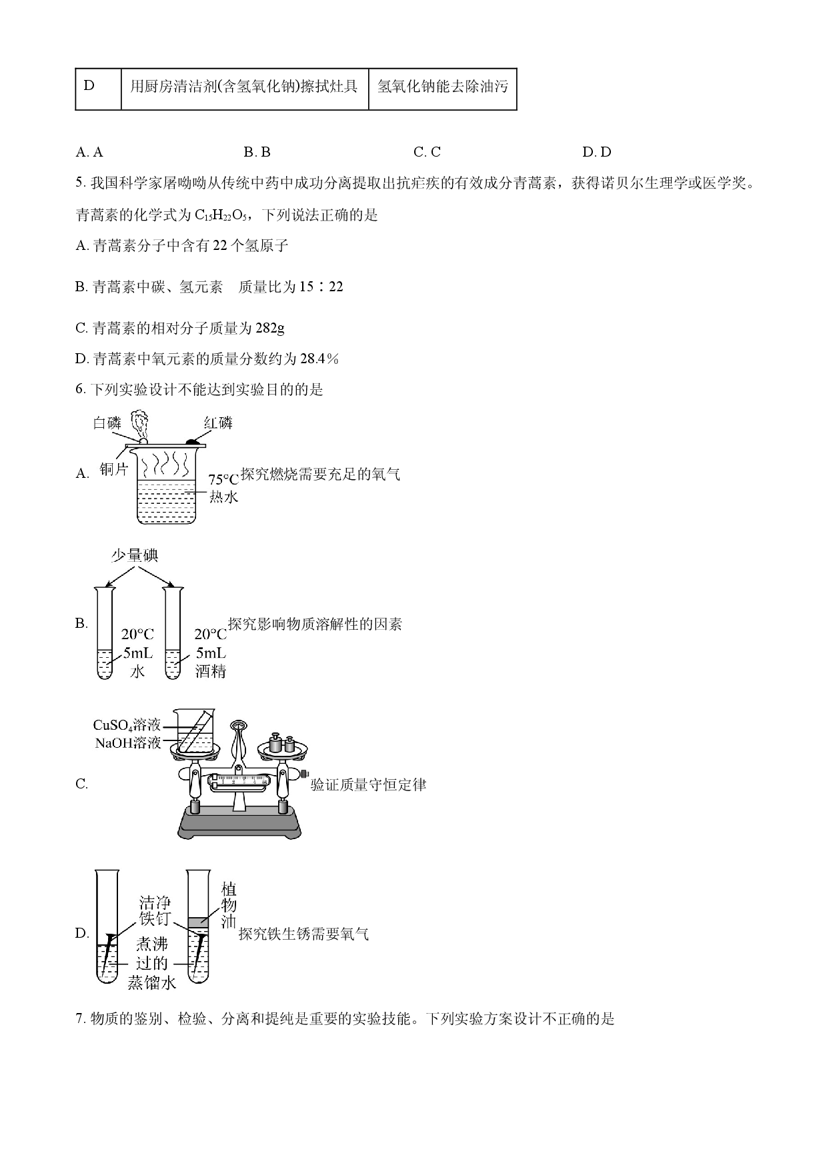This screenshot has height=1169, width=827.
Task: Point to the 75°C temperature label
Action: (223, 480)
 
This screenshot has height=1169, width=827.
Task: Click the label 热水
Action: (223, 497)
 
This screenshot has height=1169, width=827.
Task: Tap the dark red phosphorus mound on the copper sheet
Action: (193, 441)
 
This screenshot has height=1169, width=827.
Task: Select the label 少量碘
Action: (135, 556)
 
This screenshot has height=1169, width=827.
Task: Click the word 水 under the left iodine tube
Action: (137, 670)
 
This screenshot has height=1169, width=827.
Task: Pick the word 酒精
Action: (211, 670)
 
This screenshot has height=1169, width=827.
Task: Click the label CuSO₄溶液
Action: (127, 725)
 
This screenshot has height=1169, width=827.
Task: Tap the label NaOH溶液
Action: (128, 742)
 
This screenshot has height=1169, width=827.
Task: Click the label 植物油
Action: (228, 906)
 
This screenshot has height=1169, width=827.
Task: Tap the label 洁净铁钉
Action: (155, 911)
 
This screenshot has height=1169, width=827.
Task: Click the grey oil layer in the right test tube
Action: (198, 922)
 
